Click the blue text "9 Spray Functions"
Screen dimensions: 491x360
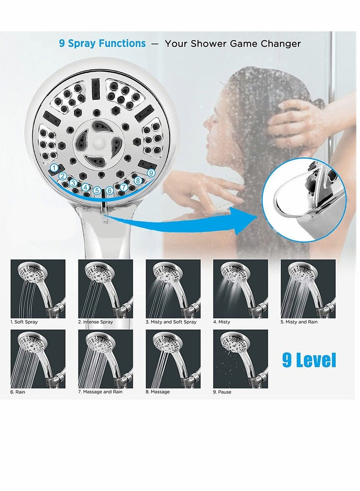click(x=102, y=44)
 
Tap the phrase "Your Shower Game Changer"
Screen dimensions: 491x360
click(x=232, y=44)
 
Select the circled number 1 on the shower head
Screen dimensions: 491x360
click(x=54, y=167)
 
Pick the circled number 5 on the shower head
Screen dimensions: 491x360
click(x=97, y=190)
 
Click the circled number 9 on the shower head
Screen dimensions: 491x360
click(x=151, y=172)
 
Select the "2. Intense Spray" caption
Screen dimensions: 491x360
click(x=95, y=322)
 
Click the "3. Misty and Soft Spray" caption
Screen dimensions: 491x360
click(x=171, y=322)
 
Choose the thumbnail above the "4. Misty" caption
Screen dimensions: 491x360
click(x=240, y=288)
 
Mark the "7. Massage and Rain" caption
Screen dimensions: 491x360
click(x=100, y=392)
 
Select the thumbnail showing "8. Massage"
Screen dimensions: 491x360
click(x=173, y=359)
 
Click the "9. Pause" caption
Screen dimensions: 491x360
click(x=222, y=392)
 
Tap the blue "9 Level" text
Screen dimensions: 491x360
click(x=309, y=360)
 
